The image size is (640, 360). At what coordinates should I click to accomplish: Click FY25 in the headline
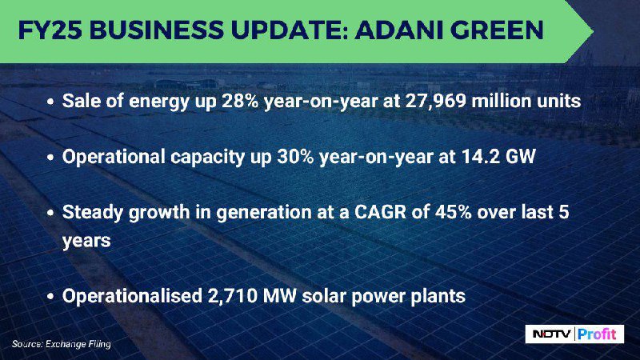[x=50, y=30]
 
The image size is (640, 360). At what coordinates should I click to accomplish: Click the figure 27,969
[x=435, y=101]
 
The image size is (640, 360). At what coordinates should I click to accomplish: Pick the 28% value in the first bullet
[x=240, y=101]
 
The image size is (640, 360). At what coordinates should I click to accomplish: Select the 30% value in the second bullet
[x=295, y=156]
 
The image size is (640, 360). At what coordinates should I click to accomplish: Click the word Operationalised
[x=132, y=296]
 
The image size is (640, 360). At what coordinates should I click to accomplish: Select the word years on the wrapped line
[x=86, y=241]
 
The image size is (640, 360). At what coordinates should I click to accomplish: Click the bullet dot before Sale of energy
[x=50, y=102]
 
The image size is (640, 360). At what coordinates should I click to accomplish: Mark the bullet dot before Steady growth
[x=50, y=213]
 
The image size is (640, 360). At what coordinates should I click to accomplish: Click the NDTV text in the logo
[x=551, y=334]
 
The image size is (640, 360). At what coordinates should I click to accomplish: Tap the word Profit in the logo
[x=598, y=334]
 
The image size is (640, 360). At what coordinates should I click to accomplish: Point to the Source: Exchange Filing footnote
[x=62, y=344]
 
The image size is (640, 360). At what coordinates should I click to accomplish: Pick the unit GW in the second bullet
[x=521, y=156]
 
